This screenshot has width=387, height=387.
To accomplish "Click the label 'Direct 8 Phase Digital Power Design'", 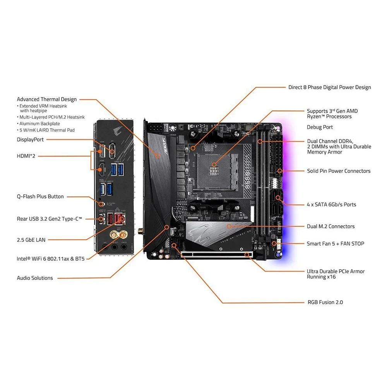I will pos(329,87).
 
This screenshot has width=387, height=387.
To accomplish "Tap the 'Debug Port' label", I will pos(320,127).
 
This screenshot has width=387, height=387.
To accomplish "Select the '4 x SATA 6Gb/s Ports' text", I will pos(331,204).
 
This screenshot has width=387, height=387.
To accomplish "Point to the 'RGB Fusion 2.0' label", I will pos(325,302).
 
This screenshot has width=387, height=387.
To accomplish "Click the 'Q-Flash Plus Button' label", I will pos(40,197).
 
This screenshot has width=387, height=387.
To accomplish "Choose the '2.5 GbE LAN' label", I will pos(31,240).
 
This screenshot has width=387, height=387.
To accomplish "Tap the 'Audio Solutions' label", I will pos(35,278).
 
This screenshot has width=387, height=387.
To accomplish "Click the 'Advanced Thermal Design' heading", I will pos(47,99).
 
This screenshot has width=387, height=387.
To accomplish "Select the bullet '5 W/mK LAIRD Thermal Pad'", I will pos(47,130).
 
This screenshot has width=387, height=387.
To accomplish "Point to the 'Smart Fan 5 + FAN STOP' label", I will pos(335,243).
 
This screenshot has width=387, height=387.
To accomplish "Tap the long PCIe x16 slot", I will pos(217,255).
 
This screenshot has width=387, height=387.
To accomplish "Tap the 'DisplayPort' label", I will pos(30,139).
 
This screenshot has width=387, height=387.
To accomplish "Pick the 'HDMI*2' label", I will pos(26,156).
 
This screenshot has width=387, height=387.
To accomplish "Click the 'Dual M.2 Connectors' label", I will pos(330,226).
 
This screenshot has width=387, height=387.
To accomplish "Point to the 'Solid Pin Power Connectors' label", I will pos(339,171).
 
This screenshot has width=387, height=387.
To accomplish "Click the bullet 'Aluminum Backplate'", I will pos(40,123).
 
